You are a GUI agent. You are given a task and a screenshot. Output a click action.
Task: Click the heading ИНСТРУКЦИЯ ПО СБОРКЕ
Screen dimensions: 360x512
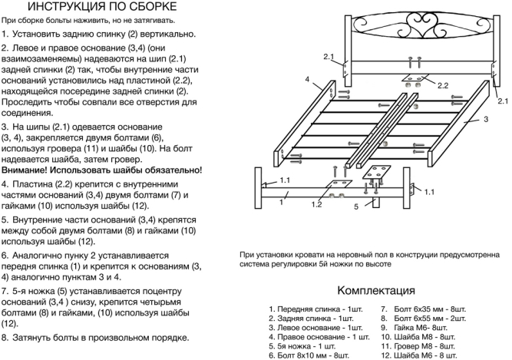103,8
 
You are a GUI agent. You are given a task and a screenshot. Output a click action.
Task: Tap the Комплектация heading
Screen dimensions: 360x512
375,291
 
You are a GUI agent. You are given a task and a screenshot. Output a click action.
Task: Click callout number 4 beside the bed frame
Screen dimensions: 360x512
307,79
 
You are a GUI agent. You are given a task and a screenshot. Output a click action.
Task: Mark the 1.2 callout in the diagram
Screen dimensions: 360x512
317,205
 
